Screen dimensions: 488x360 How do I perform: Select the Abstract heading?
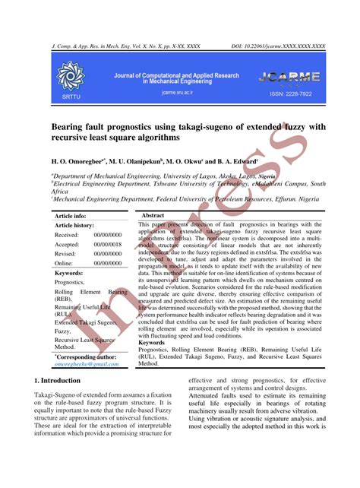coord(153,195)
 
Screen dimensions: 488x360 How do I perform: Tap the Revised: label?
coord(66,233)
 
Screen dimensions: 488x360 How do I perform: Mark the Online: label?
coord(65,242)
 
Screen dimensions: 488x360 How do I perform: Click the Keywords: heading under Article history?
coord(69,252)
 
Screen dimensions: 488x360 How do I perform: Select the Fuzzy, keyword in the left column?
coord(64,331)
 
